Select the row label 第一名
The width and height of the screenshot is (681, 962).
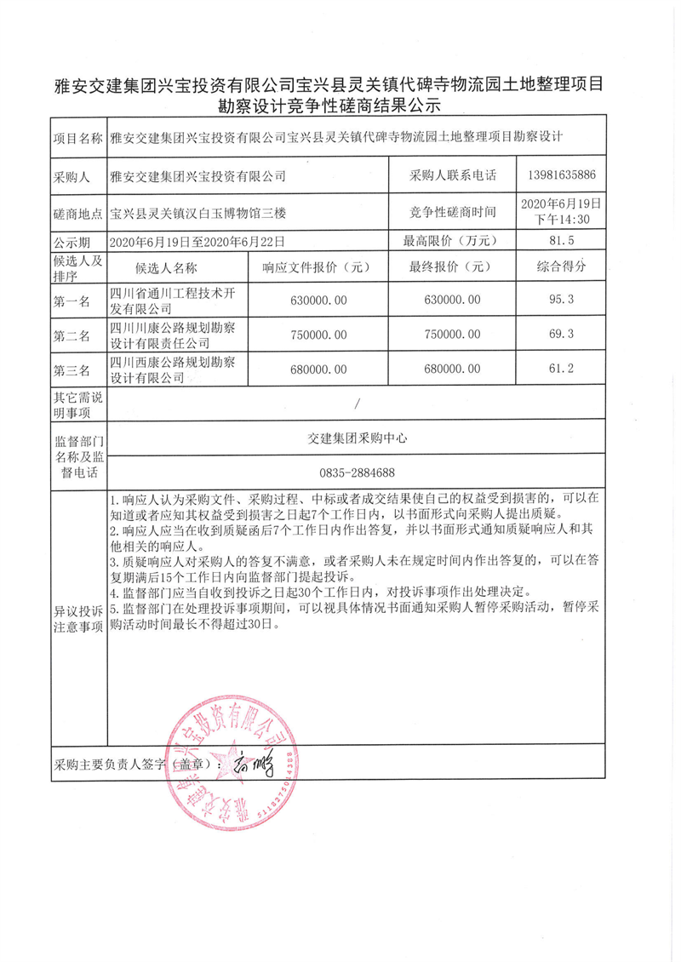click(72, 300)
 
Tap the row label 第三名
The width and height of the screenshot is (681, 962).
click(72, 369)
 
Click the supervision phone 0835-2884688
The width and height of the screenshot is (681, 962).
click(357, 472)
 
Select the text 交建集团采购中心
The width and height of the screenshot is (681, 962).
click(357, 438)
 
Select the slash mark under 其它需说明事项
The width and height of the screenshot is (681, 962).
click(357, 404)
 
